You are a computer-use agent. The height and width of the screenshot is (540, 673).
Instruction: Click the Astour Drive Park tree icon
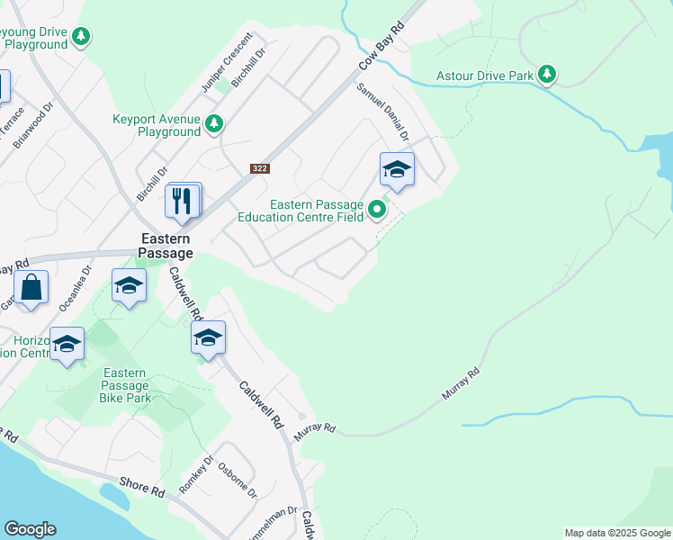coord(546,75)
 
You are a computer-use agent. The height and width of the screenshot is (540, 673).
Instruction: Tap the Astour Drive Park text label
coord(485,76)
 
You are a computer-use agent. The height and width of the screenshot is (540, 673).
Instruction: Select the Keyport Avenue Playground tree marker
coord(214,124)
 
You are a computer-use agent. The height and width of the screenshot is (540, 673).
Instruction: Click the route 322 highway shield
coord(258,168)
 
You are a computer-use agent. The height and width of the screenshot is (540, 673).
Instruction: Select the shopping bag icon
coord(31,289)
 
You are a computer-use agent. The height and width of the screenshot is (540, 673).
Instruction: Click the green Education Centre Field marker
coord(377,211)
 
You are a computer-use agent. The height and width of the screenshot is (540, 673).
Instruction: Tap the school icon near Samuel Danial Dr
coord(397,169)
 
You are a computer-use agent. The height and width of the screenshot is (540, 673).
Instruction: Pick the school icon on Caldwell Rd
coord(208,338)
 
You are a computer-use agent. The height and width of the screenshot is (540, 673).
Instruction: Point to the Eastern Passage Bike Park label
coord(125,385)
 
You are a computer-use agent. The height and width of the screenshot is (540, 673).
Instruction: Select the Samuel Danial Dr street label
coord(382,112)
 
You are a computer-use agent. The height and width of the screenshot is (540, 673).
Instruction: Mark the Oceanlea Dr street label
coord(76,287)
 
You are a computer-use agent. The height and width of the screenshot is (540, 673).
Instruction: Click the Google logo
coord(30,529)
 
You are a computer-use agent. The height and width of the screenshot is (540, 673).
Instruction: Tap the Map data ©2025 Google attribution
coord(617,533)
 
